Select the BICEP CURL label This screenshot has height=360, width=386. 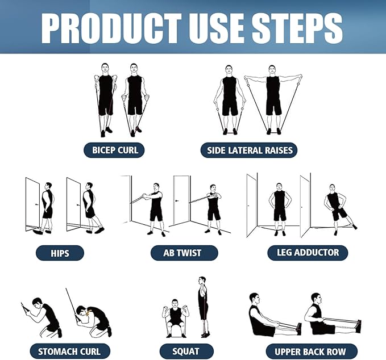[x=114, y=150]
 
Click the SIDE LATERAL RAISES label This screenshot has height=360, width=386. [x=248, y=150]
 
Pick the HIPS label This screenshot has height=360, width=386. [x=60, y=253]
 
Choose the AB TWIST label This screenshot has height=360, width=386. [x=183, y=253]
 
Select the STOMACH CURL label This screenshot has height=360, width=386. [x=65, y=351]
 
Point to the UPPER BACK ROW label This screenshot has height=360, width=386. [x=309, y=351]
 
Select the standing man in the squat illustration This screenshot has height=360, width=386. [x=202, y=307]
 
